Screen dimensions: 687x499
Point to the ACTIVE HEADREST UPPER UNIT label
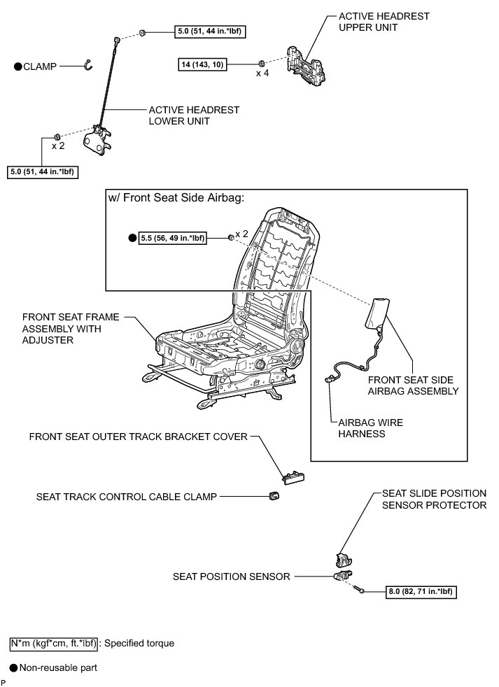point(384,22)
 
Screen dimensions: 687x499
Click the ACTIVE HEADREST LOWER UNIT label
point(194,115)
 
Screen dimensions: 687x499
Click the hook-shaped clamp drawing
point(87,64)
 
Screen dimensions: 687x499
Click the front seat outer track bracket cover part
point(289,476)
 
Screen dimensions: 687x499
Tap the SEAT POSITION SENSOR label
point(231,577)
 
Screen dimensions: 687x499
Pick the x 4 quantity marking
point(262,73)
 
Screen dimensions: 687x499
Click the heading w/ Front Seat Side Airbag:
point(176,198)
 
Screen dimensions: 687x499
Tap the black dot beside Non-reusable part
point(13,668)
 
